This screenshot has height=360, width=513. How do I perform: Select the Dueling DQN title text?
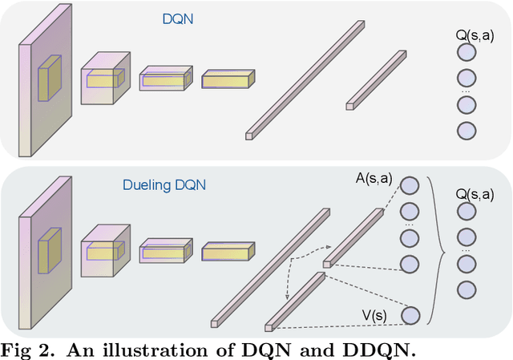tap(164, 184)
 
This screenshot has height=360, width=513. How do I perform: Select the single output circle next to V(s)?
tap(410, 316)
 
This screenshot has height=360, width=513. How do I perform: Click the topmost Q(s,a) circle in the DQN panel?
tap(466, 54)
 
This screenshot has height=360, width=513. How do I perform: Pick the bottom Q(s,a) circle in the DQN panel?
tap(466, 131)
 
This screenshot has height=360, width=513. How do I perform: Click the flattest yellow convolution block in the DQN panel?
tap(228, 79)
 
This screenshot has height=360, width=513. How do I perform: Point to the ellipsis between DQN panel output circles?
tap(466, 91)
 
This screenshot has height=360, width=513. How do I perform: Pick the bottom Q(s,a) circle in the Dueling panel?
tap(466, 289)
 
